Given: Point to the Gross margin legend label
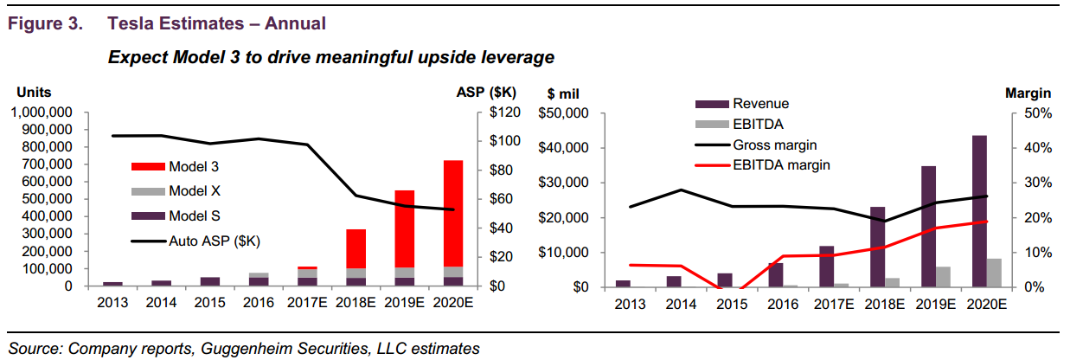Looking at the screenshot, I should [x=775, y=145].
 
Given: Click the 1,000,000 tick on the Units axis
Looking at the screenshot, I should [x=43, y=113].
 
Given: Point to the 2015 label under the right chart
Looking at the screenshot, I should [x=724, y=304].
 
